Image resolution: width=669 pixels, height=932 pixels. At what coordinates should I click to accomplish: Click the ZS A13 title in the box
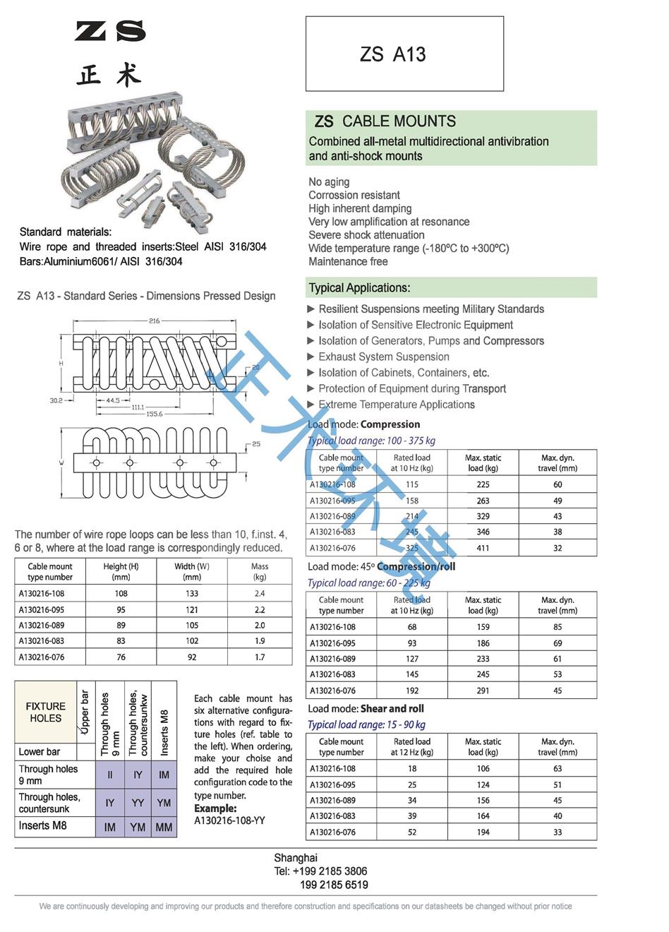click(x=392, y=54)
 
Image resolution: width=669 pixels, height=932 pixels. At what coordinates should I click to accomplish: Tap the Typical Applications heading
click(x=359, y=288)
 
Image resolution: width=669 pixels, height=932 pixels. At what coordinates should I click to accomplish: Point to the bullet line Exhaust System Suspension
click(x=383, y=357)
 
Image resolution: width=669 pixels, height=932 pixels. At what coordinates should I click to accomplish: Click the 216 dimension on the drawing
click(x=154, y=321)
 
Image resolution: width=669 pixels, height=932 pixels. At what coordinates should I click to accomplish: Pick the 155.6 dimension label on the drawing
click(x=154, y=414)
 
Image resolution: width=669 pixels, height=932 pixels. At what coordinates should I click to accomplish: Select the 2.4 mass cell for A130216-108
click(x=260, y=594)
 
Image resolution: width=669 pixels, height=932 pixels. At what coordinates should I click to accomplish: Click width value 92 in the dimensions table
click(x=192, y=657)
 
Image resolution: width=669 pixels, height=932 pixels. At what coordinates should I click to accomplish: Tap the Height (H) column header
click(x=121, y=571)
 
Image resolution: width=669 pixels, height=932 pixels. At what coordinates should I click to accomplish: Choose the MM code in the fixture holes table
click(x=164, y=827)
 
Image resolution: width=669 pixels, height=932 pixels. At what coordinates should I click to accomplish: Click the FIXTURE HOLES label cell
click(x=45, y=712)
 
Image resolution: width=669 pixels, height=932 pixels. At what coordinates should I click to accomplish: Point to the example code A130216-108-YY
click(x=229, y=820)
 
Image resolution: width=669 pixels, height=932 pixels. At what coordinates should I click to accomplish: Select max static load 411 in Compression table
click(x=483, y=548)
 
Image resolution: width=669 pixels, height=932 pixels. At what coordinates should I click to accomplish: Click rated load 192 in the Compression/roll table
click(x=412, y=691)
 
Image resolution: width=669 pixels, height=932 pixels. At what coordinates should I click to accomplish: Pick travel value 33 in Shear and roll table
click(x=557, y=832)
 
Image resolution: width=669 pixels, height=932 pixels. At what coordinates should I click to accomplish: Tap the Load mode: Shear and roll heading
click(x=366, y=708)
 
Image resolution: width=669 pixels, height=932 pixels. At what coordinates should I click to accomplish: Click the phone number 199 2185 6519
click(x=334, y=885)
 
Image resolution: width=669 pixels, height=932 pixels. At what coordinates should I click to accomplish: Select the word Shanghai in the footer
click(x=296, y=858)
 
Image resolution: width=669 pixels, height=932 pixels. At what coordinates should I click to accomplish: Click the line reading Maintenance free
click(x=348, y=261)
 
